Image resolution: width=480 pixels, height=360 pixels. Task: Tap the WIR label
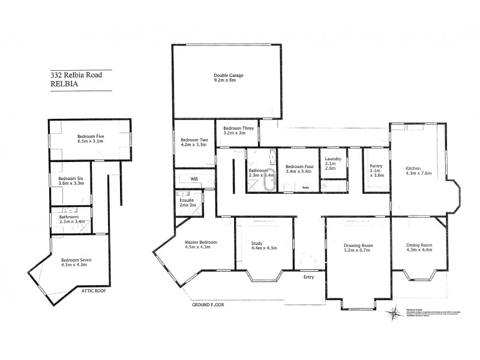194,179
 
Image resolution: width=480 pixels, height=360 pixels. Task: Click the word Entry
308,277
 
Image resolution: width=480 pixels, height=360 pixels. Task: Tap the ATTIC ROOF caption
94,291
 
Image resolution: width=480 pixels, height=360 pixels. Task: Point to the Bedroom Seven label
76,262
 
